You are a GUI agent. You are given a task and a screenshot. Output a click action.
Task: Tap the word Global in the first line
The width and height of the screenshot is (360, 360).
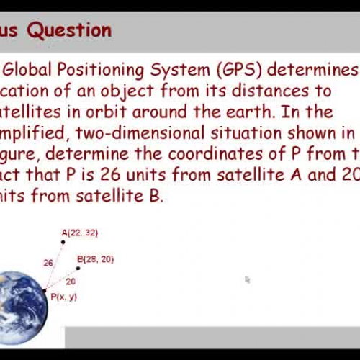pos(32,70)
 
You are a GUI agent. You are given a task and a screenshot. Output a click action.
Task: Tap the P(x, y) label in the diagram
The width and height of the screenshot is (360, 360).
pos(63,297)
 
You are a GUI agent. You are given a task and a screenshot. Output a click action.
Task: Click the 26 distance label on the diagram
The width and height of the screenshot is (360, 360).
pos(48,263)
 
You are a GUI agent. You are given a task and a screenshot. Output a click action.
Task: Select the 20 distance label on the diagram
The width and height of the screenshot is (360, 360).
pos(71,282)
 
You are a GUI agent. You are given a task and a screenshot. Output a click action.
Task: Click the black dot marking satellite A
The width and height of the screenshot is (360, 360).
pos(63,241)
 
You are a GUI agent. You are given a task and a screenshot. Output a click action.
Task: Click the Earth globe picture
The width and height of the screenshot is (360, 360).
pos(22,302)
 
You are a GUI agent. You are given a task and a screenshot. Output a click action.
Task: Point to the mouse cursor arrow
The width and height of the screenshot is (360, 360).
pos(247,279)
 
